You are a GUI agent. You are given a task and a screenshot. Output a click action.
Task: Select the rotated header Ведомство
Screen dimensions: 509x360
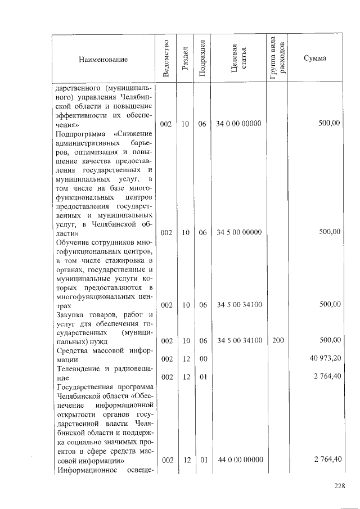(166, 58)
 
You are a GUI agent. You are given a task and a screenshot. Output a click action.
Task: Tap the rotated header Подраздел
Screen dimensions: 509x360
(202, 58)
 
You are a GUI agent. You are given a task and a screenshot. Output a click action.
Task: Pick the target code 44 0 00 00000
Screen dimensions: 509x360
(240, 460)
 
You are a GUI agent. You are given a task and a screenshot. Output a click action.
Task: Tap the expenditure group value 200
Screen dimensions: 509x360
(278, 340)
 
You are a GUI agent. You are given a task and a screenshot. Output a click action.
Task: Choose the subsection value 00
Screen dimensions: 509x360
(202, 358)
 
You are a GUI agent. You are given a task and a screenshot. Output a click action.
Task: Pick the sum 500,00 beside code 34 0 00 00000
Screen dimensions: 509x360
(329, 123)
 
